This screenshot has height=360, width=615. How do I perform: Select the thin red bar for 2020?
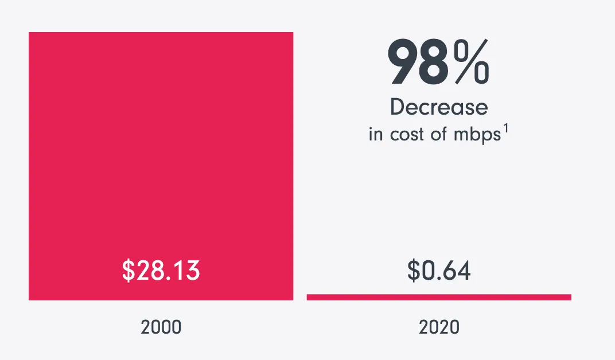(439, 297)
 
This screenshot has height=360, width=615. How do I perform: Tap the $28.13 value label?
(161, 271)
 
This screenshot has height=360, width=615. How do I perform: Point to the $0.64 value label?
(439, 271)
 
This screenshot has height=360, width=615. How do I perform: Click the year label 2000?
(161, 327)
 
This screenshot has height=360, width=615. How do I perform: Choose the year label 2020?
(439, 327)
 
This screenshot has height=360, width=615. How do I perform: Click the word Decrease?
(439, 107)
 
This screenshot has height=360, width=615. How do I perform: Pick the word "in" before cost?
(375, 135)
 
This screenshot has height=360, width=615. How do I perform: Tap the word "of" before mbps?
(439, 135)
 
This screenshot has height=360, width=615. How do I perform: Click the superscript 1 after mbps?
(505, 129)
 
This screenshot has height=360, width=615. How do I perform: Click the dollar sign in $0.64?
(413, 271)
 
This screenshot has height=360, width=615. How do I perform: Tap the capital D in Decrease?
(396, 107)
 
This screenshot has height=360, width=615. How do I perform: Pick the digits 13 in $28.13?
(188, 271)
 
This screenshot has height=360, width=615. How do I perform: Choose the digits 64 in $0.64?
(459, 271)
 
